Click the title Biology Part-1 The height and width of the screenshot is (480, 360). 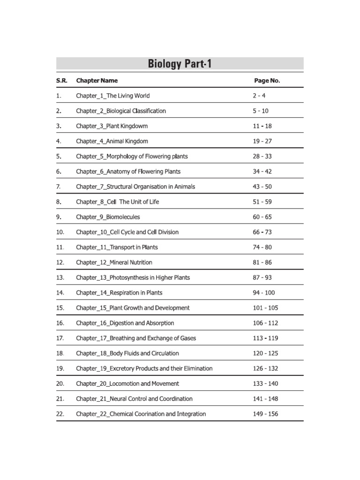(180, 63)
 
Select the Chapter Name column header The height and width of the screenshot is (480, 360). (97, 81)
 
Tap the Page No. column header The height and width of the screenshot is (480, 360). (267, 81)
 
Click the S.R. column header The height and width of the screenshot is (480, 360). (62, 81)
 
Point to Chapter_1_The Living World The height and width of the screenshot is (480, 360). (113, 96)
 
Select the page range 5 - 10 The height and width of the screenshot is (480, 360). (261, 111)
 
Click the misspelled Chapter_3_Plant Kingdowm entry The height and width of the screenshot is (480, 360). (112, 126)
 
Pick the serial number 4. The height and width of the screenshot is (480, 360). (59, 141)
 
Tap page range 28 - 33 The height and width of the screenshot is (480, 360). (262, 156)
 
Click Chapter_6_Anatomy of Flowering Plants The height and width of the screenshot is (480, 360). (128, 172)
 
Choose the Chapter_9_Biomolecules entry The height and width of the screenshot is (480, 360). (108, 217)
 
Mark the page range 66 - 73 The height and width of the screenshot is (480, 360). (262, 232)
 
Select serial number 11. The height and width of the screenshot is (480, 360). (60, 247)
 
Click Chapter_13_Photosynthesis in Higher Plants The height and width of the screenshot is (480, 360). (133, 277)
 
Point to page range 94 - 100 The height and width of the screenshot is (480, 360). (264, 292)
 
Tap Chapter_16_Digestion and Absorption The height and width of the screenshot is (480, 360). (125, 323)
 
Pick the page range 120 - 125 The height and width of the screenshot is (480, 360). (265, 353)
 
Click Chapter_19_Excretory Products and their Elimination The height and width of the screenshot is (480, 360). (144, 368)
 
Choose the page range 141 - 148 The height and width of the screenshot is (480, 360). (265, 399)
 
